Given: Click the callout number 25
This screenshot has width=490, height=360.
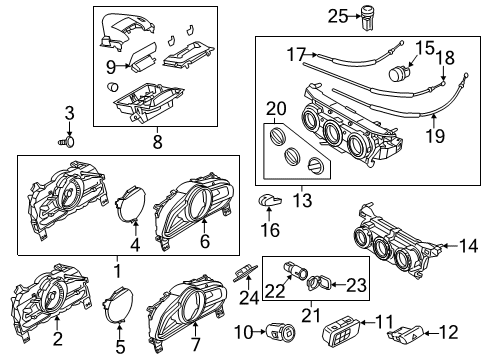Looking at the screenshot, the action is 338,16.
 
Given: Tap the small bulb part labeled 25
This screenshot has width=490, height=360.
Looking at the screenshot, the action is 367,18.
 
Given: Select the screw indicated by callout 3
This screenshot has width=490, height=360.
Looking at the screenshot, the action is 67,142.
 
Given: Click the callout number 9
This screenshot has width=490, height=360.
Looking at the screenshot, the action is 111,67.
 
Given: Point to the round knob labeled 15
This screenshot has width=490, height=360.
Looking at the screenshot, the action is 397,73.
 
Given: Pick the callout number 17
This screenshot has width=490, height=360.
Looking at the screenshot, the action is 296,54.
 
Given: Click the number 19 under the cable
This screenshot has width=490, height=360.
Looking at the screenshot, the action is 436,136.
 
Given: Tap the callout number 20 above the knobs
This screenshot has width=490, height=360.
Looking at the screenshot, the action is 276,108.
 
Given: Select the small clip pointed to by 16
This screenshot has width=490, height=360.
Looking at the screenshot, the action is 270,200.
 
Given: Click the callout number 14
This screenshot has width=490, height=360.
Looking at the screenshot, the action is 468,246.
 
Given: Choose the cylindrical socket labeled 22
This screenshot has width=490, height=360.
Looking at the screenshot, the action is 295,270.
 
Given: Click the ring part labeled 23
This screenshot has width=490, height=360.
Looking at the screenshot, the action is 318,283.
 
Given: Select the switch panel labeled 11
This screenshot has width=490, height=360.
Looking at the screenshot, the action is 341,332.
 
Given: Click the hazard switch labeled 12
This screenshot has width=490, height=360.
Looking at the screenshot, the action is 406,334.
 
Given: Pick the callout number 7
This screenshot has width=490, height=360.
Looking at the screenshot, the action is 195,344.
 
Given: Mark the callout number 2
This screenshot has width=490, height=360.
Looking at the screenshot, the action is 58,339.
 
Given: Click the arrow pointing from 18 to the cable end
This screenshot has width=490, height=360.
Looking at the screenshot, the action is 443,72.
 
